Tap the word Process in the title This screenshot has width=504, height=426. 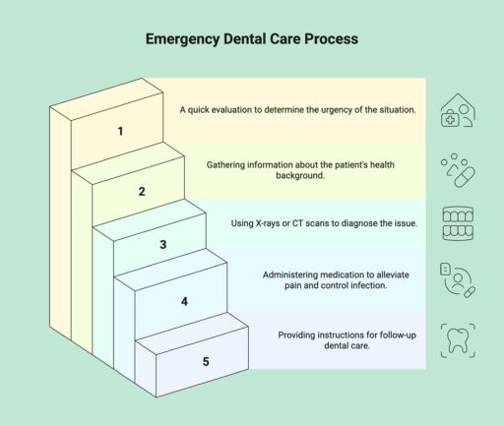point(331,40)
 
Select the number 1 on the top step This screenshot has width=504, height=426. point(120,130)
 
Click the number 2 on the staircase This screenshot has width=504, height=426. point(142,191)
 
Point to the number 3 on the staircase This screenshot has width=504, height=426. point(163,244)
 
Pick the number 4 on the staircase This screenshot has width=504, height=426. point(184,301)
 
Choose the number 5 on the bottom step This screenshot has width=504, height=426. point(206,362)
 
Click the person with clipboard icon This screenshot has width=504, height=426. point(460,279)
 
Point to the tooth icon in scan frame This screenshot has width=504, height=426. point(460,341)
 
